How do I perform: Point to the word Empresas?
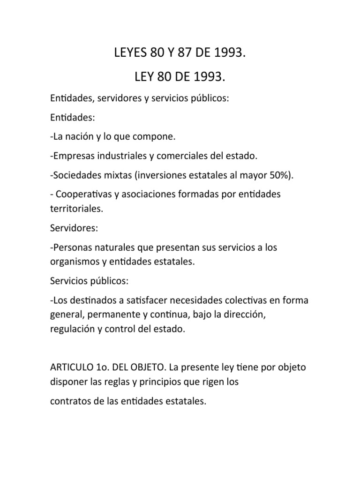(x=70, y=155)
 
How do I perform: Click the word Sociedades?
(x=74, y=175)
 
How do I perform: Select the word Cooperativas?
(x=84, y=195)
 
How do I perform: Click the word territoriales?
(x=76, y=209)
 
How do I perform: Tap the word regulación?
(x=73, y=329)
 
